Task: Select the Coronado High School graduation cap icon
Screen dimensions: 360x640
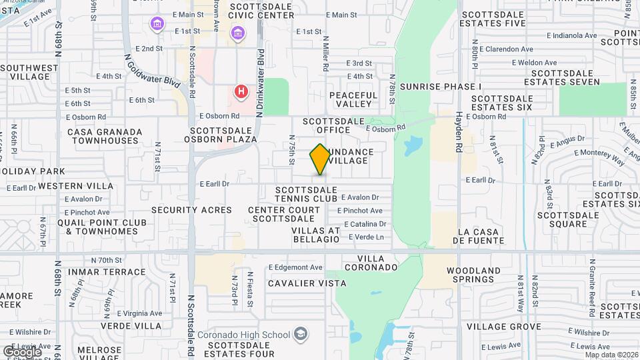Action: [x=301, y=333]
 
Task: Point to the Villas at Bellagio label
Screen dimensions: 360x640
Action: [x=316, y=235]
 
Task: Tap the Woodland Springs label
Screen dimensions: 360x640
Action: [x=473, y=275]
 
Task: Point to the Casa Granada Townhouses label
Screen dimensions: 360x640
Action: [x=105, y=136]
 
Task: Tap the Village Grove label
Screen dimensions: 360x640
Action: [x=503, y=327]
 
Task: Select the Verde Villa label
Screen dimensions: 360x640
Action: [x=132, y=326]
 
